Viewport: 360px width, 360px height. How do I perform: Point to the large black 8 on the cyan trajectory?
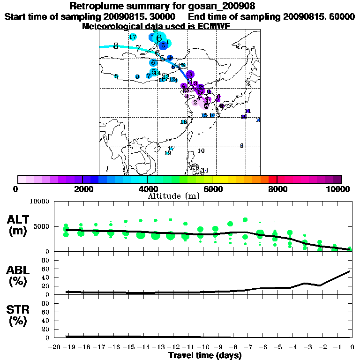tap(116, 46)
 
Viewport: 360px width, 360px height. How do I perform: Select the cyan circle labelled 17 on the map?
tap(133, 37)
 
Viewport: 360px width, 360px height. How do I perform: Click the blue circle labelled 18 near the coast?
tap(184, 122)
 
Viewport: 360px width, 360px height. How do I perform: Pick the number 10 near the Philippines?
tap(201, 151)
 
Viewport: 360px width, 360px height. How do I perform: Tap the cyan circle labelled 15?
tap(204, 115)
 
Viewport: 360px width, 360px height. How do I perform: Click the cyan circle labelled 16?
tap(212, 115)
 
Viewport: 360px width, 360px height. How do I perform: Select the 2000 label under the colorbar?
tap(82, 189)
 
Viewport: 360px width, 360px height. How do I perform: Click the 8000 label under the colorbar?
tap(277, 189)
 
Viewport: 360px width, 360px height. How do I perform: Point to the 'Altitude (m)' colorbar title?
tap(173, 196)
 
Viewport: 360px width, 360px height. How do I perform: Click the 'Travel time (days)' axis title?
tap(205, 355)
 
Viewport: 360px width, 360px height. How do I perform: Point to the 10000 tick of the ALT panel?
tap(39, 202)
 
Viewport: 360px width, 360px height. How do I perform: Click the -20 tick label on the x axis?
tap(55, 347)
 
